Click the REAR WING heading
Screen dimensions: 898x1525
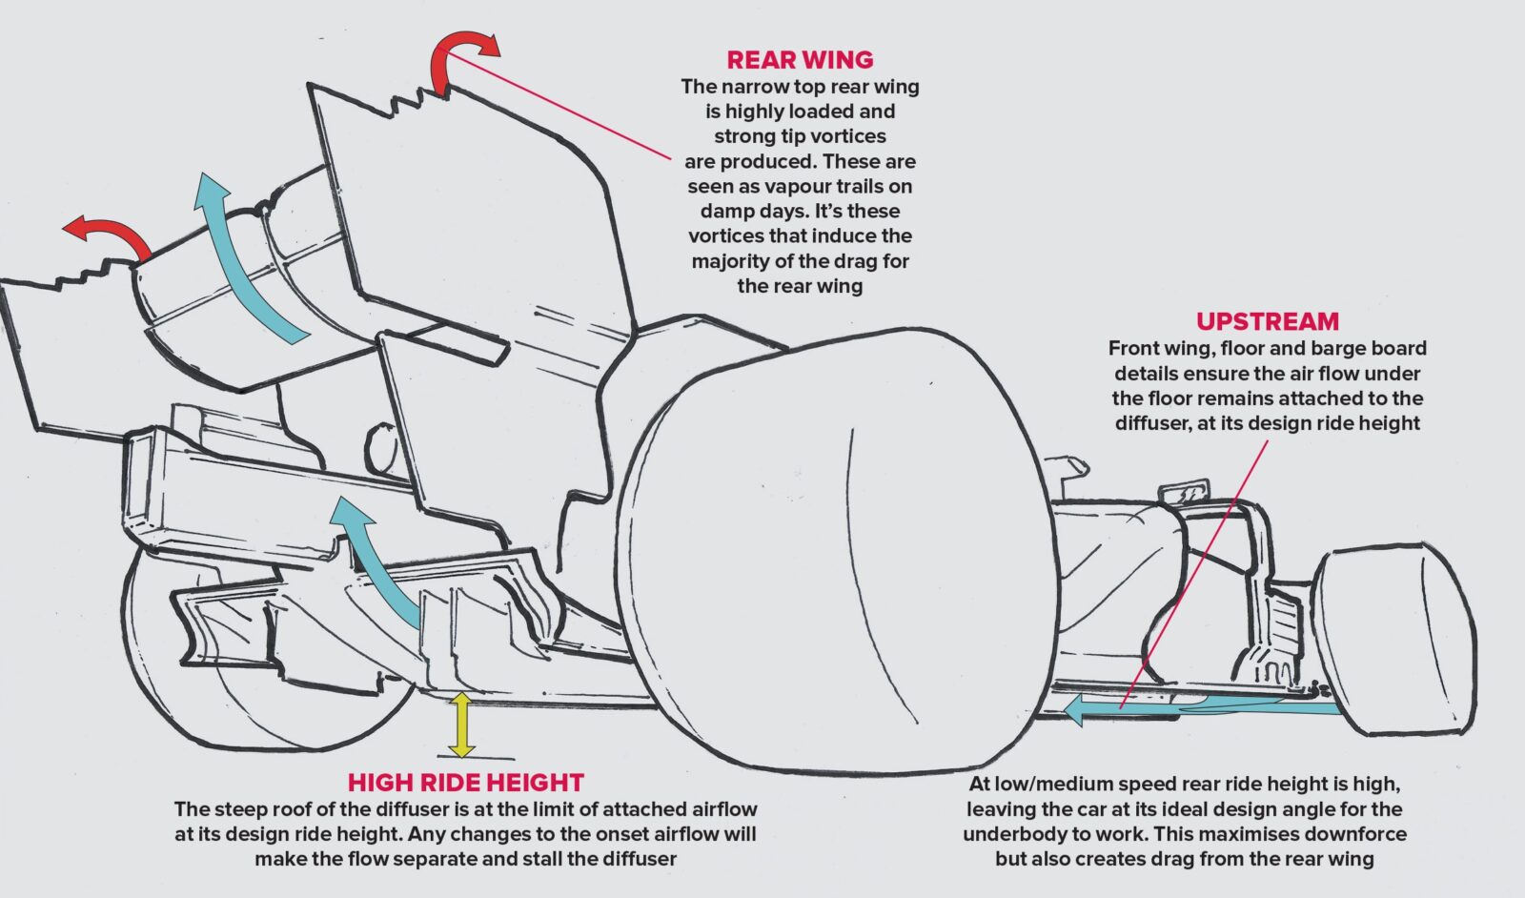(800, 60)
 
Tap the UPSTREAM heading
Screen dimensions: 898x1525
(1267, 321)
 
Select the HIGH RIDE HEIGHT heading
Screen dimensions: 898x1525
(465, 783)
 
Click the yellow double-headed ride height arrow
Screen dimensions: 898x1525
(461, 725)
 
